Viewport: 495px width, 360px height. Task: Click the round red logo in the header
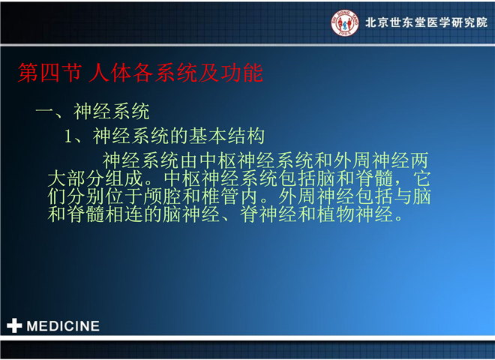(345, 22)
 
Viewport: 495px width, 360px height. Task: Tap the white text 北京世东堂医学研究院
(426, 22)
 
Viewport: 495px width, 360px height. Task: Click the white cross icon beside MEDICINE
(14, 325)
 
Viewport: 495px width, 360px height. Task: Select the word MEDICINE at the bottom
(63, 326)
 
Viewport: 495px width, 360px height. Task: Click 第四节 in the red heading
(49, 73)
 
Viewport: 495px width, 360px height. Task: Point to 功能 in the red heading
(241, 73)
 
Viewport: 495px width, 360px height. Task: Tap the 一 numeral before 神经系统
(44, 111)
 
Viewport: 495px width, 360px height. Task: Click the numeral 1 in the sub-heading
(68, 136)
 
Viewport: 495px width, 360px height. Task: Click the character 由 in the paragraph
(189, 160)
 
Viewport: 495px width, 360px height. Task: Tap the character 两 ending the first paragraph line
(419, 160)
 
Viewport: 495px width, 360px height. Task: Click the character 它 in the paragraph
(422, 178)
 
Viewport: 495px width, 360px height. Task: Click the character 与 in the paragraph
(403, 196)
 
